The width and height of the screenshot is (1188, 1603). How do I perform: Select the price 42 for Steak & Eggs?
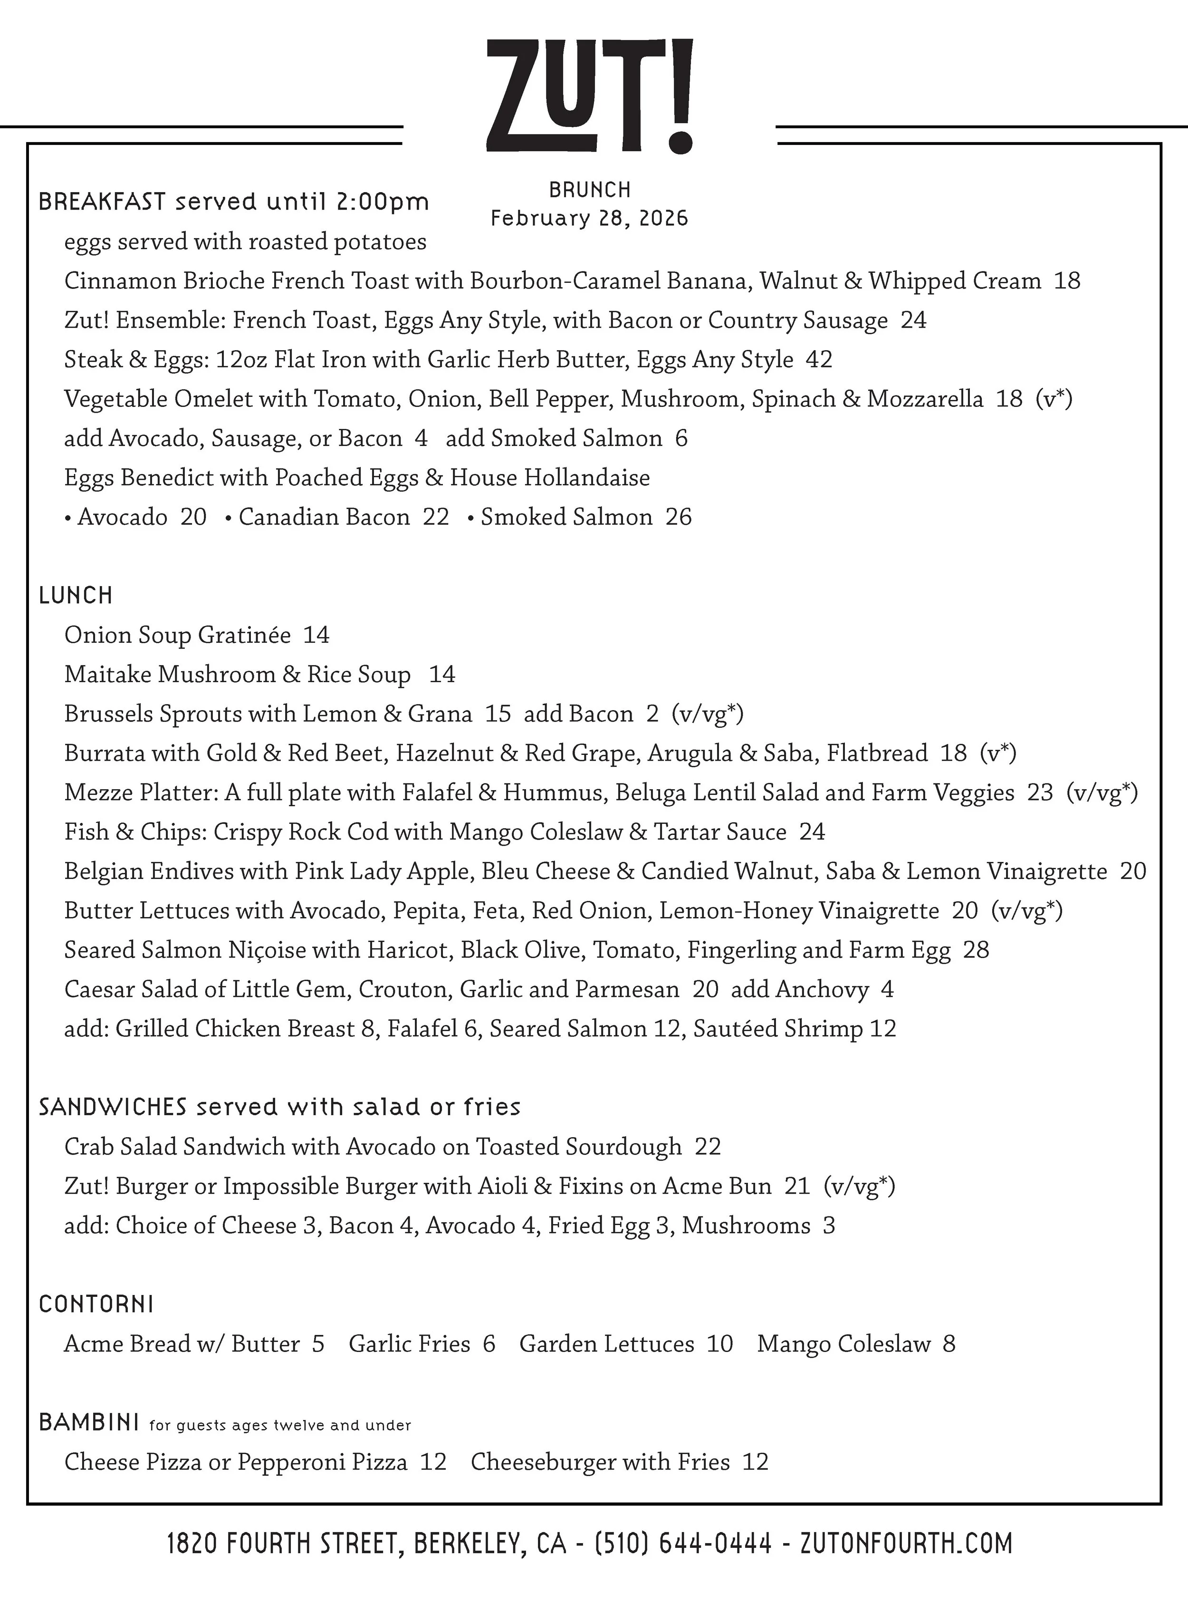[x=819, y=359]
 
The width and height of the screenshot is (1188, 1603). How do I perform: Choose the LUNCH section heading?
[x=76, y=595]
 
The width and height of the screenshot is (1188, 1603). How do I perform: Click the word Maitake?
[x=108, y=674]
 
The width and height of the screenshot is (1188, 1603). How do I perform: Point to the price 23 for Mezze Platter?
[x=1040, y=792]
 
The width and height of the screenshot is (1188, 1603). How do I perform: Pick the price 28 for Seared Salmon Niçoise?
[x=976, y=950]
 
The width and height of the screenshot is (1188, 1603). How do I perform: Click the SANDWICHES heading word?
[x=113, y=1107]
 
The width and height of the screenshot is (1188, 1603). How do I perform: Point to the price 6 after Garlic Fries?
[x=489, y=1343]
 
